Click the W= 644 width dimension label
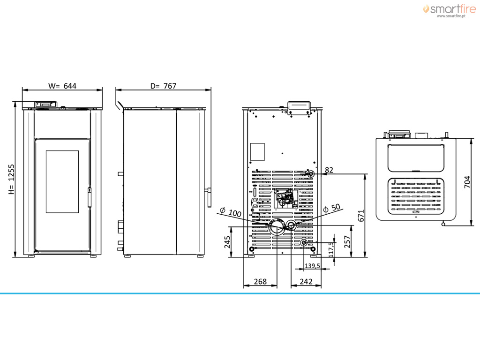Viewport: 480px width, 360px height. [62, 86]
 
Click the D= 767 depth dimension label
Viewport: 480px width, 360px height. [163, 86]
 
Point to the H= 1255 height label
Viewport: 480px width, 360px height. [11, 180]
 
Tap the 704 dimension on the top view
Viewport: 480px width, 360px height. [467, 182]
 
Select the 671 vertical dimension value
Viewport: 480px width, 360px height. [361, 216]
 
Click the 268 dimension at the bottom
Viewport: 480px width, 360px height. [260, 281]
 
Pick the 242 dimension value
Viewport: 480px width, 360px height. [306, 281]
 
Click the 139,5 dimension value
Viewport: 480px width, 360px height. [312, 266]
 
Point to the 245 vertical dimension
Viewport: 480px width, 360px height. [227, 242]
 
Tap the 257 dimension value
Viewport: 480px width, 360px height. [347, 241]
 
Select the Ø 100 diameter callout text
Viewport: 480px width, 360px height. [231, 211]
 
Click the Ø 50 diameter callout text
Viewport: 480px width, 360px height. [332, 208]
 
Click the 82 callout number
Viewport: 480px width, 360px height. [329, 170]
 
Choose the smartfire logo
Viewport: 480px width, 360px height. [450, 9]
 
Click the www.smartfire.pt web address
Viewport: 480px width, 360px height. [451, 16]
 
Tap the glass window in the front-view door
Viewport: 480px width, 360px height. [62, 181]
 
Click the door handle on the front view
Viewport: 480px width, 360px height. [90, 197]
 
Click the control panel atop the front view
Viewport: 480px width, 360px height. [45, 105]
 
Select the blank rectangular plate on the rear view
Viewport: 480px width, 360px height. [257, 152]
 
